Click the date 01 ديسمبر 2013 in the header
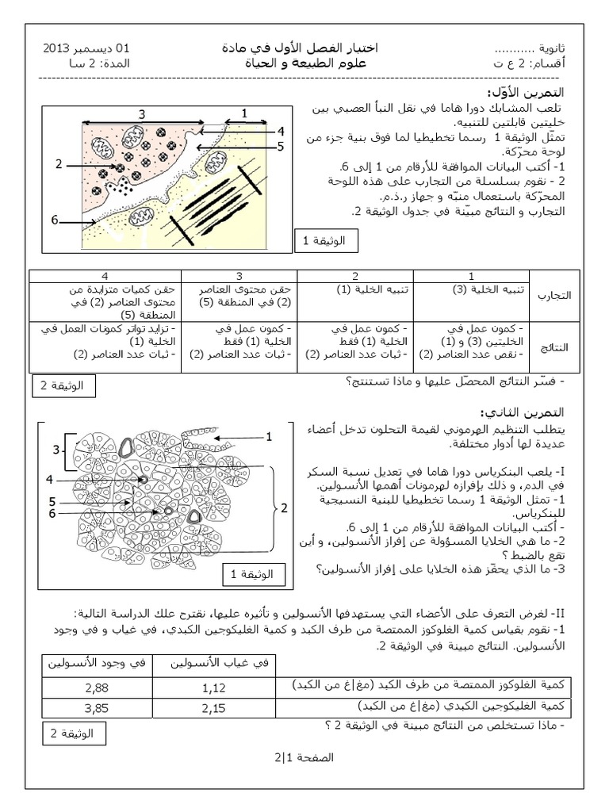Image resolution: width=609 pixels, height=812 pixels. (x=87, y=48)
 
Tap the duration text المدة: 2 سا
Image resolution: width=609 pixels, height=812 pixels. (x=94, y=63)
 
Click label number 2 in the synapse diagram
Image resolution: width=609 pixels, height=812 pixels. (x=59, y=164)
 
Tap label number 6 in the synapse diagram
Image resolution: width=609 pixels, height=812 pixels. (x=56, y=221)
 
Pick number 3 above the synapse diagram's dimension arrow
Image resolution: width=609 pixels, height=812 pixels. (x=142, y=113)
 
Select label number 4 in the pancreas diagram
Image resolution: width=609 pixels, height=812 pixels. (x=49, y=479)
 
